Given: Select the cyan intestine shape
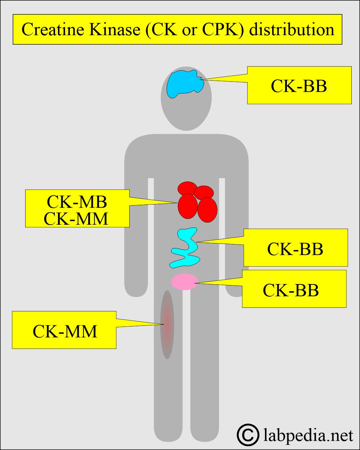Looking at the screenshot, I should pos(185,248).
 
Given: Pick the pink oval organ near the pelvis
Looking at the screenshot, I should pos(185,282).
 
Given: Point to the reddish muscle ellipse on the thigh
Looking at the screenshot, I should pos(167,324).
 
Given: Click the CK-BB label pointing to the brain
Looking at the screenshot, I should pos(299,86).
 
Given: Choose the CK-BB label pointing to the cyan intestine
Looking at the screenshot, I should pos(295,248).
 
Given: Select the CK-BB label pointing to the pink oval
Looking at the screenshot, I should pos(291,290).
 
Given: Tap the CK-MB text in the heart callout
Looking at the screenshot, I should pos(77,202).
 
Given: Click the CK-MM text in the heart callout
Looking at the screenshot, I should pos(76,219).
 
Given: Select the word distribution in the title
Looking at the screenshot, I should pos(292,29).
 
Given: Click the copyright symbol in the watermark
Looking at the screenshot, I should pos(248,435).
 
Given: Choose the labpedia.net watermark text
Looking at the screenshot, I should pos(308,435).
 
